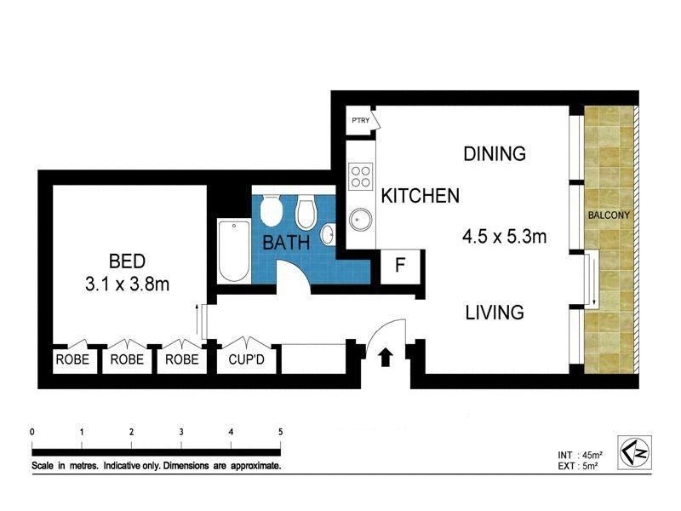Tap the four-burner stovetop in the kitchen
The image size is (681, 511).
click(361, 175)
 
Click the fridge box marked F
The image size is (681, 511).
click(398, 267)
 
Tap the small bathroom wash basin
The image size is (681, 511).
click(328, 233)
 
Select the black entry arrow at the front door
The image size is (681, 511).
click(385, 357)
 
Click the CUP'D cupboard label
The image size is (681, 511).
click(246, 359)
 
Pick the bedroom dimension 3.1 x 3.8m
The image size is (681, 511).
click(127, 284)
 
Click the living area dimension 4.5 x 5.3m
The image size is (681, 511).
click(503, 237)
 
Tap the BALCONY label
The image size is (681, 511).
click(609, 215)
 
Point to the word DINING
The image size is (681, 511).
click(494, 154)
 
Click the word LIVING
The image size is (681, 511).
click(494, 313)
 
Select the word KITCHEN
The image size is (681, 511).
click(420, 196)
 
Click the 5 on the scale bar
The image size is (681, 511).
click(280, 432)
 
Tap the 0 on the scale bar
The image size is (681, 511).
click(31, 432)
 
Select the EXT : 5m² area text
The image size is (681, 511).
click(572, 465)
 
